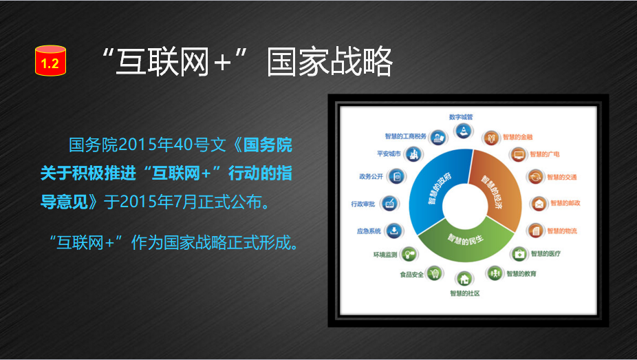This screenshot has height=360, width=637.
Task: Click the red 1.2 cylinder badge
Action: [50, 61]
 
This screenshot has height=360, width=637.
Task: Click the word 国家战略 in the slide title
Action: [330, 61]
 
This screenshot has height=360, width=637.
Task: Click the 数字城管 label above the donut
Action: [461, 117]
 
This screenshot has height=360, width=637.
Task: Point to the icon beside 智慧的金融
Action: [491, 138]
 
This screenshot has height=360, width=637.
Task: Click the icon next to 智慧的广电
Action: [518, 154]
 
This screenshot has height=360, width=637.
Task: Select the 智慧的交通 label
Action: [561, 177]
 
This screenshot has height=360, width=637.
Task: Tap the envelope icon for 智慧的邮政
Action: [539, 204]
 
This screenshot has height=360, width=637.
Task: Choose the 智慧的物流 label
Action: [562, 231]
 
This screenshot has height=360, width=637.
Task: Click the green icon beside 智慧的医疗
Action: [519, 255]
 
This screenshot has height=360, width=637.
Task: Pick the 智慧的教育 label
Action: [521, 274]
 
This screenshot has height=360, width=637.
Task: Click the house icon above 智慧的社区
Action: [464, 279]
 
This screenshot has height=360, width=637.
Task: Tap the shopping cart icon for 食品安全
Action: [435, 273]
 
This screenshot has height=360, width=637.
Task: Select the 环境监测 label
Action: [385, 255]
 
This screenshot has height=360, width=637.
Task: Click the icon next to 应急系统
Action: [393, 231]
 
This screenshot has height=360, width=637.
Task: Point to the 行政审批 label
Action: [363, 204]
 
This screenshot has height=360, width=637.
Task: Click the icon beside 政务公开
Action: [396, 176]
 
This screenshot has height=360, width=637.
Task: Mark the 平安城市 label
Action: [389, 153]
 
